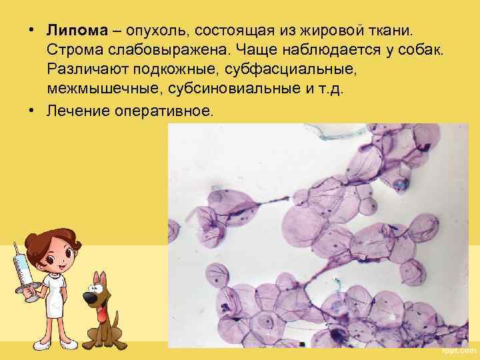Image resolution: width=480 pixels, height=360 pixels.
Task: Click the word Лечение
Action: [77, 109]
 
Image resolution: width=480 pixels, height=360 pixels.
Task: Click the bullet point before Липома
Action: [32, 32]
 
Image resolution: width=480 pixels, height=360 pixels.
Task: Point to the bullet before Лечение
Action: [32, 109]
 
